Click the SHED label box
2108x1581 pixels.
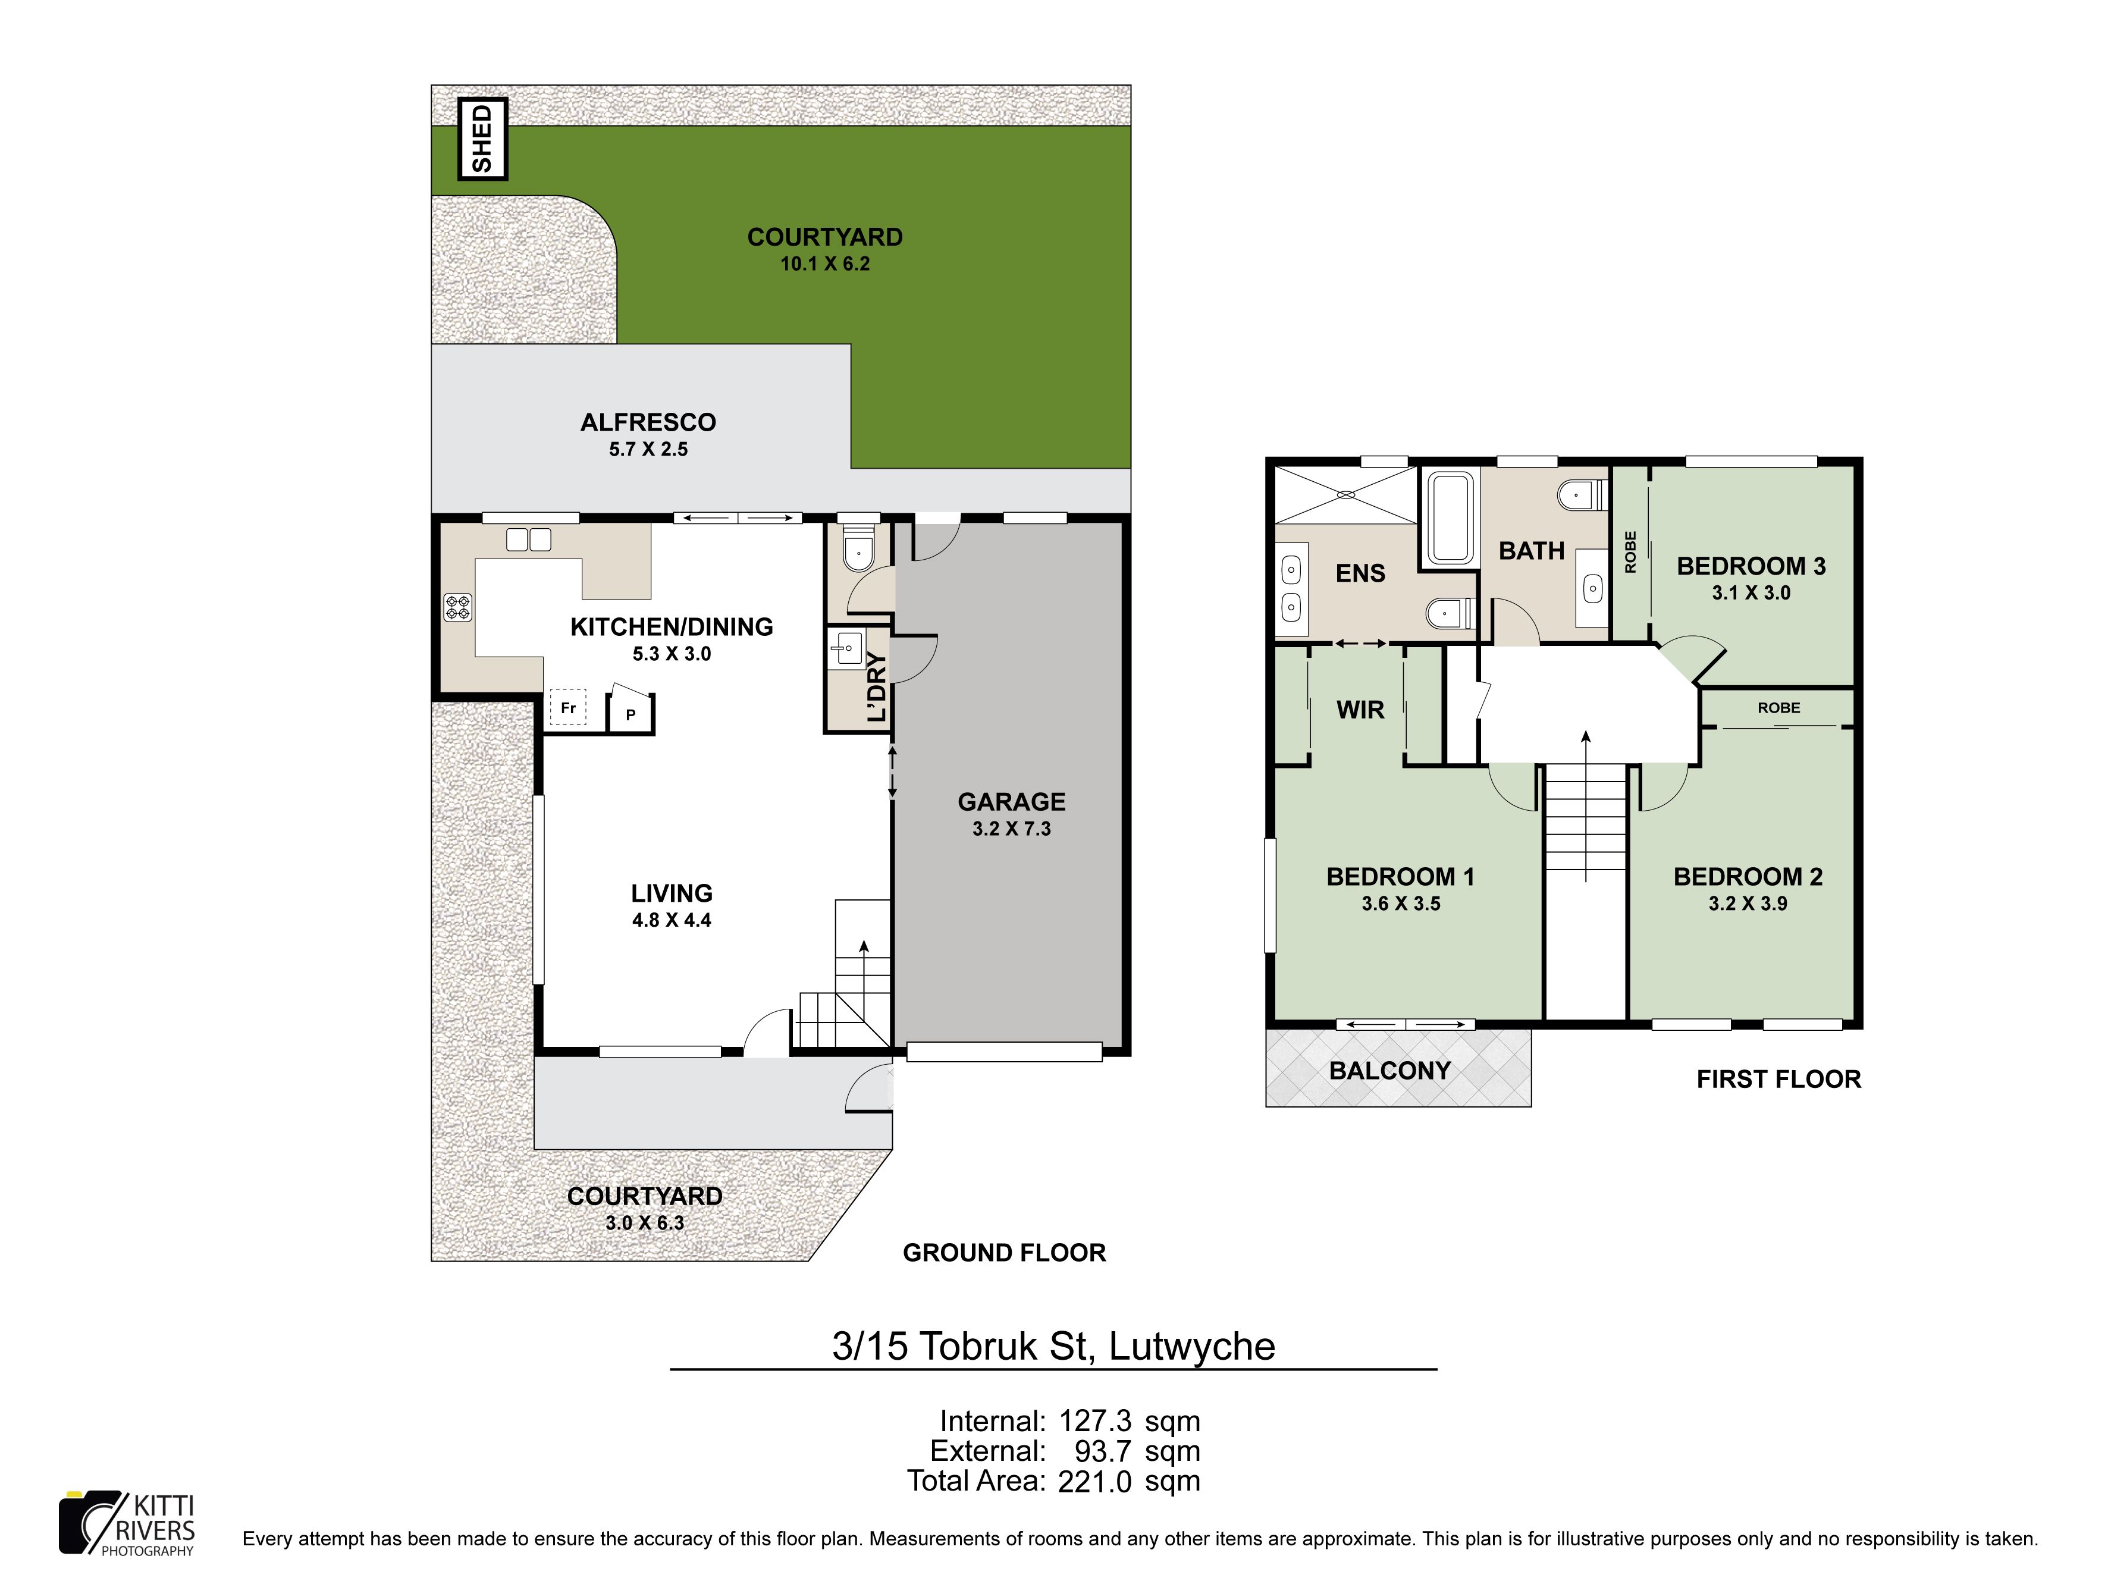(x=483, y=139)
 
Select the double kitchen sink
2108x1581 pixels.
(x=528, y=539)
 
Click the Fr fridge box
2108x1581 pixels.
(x=568, y=707)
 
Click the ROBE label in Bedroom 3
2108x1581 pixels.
(x=1630, y=552)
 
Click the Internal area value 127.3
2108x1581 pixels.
(x=1095, y=1421)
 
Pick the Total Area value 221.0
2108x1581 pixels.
(x=1095, y=1481)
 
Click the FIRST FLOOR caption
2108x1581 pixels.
(x=1778, y=1079)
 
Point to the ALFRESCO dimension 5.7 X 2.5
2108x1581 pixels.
(x=648, y=449)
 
